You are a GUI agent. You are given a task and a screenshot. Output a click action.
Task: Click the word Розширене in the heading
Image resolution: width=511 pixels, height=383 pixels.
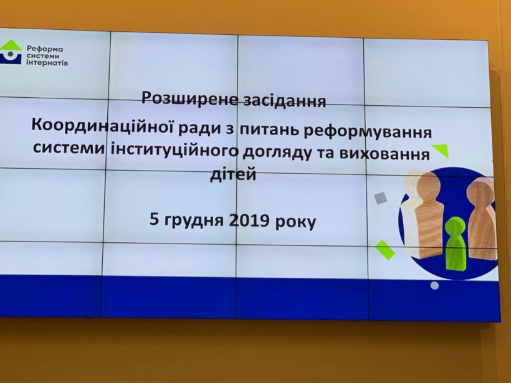190,98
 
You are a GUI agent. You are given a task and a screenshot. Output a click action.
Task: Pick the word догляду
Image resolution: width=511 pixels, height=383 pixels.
276,153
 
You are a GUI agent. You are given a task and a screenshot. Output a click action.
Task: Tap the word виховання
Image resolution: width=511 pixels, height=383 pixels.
384,154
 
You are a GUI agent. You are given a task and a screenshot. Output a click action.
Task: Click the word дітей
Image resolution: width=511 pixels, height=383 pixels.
233,174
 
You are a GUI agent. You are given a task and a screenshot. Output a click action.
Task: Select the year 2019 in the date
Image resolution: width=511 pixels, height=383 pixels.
249,220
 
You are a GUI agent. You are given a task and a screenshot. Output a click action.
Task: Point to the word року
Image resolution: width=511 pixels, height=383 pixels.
296,222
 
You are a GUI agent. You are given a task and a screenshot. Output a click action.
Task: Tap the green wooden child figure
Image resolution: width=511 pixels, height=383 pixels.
456,244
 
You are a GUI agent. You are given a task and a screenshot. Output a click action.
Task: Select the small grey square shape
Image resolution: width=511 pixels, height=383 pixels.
380,197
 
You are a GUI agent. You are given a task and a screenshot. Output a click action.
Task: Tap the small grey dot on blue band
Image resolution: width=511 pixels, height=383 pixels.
434,286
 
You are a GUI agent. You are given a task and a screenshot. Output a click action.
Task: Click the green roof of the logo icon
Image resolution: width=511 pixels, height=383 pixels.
11,45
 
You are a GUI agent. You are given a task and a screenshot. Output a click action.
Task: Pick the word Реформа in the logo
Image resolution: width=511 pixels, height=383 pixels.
45,49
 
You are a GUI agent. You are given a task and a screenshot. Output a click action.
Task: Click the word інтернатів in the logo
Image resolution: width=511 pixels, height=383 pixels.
47,62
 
